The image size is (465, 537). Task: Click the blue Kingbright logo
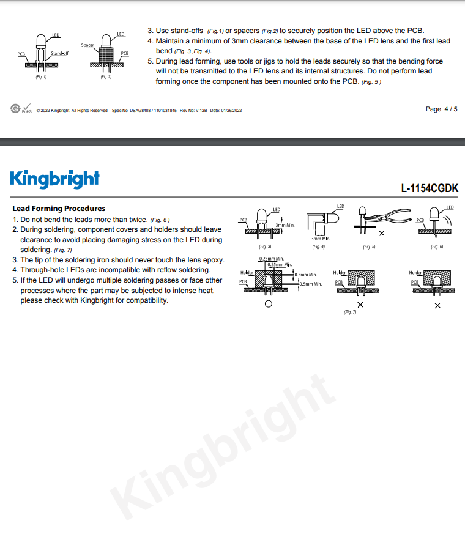click(x=55, y=179)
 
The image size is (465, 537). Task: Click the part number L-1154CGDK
click(x=430, y=188)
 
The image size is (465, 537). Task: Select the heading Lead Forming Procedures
click(x=59, y=208)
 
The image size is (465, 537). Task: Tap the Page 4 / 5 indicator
click(x=441, y=109)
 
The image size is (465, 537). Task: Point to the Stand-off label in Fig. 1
click(x=59, y=53)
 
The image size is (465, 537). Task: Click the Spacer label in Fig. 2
click(x=87, y=45)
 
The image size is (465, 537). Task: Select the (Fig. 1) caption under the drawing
click(x=41, y=77)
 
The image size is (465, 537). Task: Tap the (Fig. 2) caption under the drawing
click(x=106, y=77)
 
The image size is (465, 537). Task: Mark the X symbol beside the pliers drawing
click(x=382, y=233)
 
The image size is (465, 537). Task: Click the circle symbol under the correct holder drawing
click(x=269, y=304)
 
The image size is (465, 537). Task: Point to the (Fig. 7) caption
click(x=350, y=313)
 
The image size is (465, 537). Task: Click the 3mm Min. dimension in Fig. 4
click(x=321, y=239)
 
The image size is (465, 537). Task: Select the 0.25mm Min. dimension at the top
click(x=272, y=259)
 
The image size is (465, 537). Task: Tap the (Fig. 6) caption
click(x=437, y=246)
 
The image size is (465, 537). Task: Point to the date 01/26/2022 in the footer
click(x=231, y=111)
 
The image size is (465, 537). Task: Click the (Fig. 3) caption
click(x=265, y=246)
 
